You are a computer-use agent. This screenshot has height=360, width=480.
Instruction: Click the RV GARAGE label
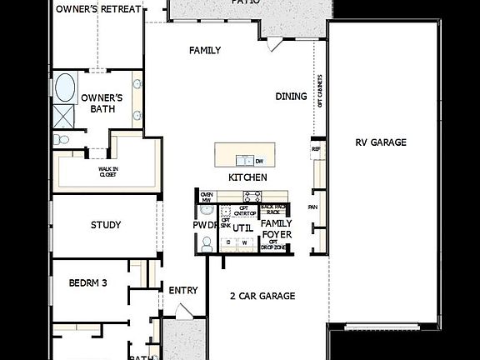point(381,142)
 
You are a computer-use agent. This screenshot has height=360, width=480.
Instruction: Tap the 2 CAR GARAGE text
point(262,296)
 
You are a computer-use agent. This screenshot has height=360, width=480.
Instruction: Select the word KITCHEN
point(248,177)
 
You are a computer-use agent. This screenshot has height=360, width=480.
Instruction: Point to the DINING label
point(291,97)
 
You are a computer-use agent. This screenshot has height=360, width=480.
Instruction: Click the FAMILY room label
point(205,51)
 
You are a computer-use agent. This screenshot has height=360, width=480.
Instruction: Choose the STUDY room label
point(106,225)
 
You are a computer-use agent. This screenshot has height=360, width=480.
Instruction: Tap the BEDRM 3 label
point(88,282)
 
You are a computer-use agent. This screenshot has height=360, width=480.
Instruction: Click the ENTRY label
point(183,290)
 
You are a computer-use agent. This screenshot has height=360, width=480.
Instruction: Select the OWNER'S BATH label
point(102,103)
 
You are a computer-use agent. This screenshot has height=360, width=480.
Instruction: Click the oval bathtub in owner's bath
point(64,87)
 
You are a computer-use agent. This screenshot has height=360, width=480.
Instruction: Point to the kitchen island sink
point(244,160)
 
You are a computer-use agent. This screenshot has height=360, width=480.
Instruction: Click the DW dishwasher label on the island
point(260,161)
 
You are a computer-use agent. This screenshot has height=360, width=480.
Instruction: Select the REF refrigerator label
point(316,150)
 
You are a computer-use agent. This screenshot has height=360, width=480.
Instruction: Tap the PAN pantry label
point(313,207)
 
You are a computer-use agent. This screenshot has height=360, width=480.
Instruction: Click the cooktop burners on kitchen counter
point(252,197)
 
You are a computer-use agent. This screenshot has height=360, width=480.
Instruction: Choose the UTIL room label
point(242,227)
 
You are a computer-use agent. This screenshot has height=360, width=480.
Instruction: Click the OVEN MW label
point(206,197)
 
